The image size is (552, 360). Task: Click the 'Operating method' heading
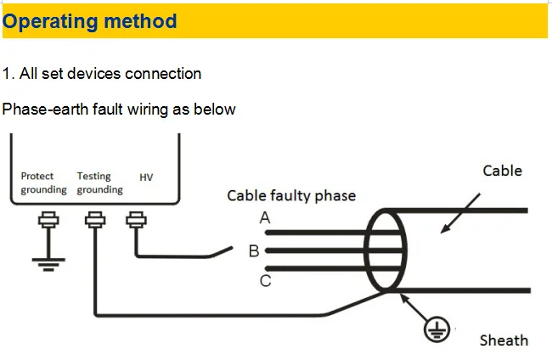89,22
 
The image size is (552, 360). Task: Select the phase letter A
265,218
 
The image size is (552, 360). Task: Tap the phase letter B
254,251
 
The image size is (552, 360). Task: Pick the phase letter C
266,281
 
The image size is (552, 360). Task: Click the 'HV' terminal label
146,177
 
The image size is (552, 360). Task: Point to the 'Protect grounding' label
43,183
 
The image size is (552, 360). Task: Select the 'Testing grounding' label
100,183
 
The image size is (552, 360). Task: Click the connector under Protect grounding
48,220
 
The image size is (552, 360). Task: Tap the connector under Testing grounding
95,220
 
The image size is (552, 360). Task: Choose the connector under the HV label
136,220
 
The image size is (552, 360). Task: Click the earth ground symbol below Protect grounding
48,265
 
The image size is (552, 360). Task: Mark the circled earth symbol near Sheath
437,329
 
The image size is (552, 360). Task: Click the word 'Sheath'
504,340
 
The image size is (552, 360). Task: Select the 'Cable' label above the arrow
503,171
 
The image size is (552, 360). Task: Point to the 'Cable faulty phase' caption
291,195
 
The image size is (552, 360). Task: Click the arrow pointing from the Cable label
460,213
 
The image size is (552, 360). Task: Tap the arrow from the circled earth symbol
414,307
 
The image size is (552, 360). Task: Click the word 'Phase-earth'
45,109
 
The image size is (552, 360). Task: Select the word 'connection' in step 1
163,74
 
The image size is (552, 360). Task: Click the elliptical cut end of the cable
364,250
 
